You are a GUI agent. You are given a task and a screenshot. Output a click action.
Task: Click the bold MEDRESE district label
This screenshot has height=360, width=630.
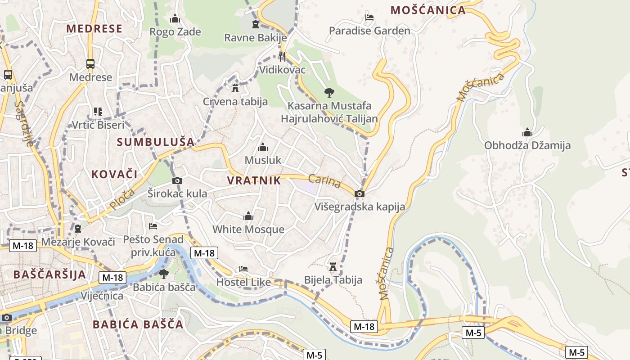tap(94, 29)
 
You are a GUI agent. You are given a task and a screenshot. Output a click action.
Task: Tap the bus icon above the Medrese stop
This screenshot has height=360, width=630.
tap(90, 63)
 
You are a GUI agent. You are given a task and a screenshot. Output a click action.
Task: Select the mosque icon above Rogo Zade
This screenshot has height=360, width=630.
tap(175, 18)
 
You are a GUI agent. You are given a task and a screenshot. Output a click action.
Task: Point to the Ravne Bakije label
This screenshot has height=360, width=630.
tap(255, 38)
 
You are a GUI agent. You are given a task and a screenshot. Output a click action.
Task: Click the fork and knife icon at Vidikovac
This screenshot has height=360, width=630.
tap(282, 56)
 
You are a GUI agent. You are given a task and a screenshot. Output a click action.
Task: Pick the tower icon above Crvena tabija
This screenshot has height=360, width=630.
tap(235, 88)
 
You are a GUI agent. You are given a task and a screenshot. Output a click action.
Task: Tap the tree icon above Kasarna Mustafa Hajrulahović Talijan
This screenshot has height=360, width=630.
tap(329, 93)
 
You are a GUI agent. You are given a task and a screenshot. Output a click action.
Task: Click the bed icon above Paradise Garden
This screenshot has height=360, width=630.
tap(369, 18)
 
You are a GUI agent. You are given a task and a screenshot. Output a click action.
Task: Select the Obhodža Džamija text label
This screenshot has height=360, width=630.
tap(527, 145)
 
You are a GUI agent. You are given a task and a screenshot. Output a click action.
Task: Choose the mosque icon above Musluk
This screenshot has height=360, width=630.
tap(263, 147)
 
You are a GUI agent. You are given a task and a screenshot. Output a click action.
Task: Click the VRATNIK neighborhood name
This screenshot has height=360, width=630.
tap(254, 181)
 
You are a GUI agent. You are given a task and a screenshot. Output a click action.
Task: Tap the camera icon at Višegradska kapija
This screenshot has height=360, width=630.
tap(359, 193)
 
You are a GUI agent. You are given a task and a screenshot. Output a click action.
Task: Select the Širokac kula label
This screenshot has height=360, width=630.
tap(177, 193)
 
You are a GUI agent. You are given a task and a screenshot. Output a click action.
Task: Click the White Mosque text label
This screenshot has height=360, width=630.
tap(248, 229)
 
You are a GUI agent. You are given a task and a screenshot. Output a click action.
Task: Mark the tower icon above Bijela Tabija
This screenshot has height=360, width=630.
tap(333, 267)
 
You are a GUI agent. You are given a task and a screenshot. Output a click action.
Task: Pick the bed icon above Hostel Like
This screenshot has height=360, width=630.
tap(243, 269)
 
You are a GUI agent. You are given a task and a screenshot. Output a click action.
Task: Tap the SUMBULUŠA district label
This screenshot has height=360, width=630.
tap(155, 142)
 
